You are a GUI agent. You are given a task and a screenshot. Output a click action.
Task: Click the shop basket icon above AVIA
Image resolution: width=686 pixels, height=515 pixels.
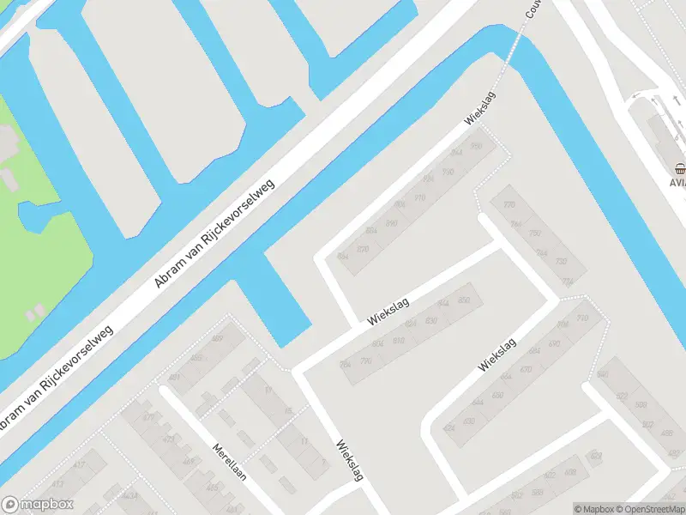pyautogui.click(x=679, y=169)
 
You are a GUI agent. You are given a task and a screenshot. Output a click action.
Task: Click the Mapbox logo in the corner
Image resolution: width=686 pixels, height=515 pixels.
pyautogui.click(x=37, y=505)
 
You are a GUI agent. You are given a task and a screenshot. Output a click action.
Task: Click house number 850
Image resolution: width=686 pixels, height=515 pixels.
pyautogui.click(x=464, y=300)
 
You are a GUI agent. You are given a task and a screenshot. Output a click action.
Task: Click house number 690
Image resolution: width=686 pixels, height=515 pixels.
pyautogui.click(x=553, y=343)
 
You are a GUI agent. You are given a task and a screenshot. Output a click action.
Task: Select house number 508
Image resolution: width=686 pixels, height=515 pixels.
pyautogui.click(x=641, y=404)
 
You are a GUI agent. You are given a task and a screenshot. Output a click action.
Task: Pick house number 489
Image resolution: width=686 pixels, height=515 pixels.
pyautogui.click(x=216, y=339)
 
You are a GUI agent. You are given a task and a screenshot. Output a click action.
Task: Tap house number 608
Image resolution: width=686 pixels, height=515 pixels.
pyautogui.click(x=596, y=456)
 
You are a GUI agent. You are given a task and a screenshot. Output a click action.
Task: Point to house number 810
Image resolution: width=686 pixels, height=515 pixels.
pyautogui.click(x=398, y=341)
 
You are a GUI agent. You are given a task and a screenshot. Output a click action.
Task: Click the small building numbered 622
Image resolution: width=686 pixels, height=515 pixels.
pyautogui.click(x=621, y=396)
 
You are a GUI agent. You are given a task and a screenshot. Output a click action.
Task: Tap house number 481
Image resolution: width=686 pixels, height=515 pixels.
pyautogui.click(x=174, y=378)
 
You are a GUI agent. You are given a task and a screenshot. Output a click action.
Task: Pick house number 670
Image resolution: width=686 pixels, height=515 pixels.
pyautogui.click(x=526, y=370)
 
